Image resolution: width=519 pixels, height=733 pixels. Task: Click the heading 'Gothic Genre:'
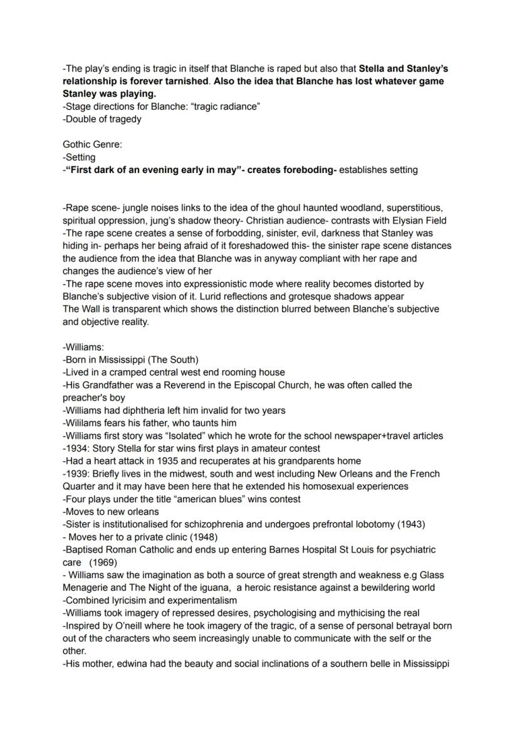pos(93,144)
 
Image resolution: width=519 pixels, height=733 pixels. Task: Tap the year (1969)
pos(103,562)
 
